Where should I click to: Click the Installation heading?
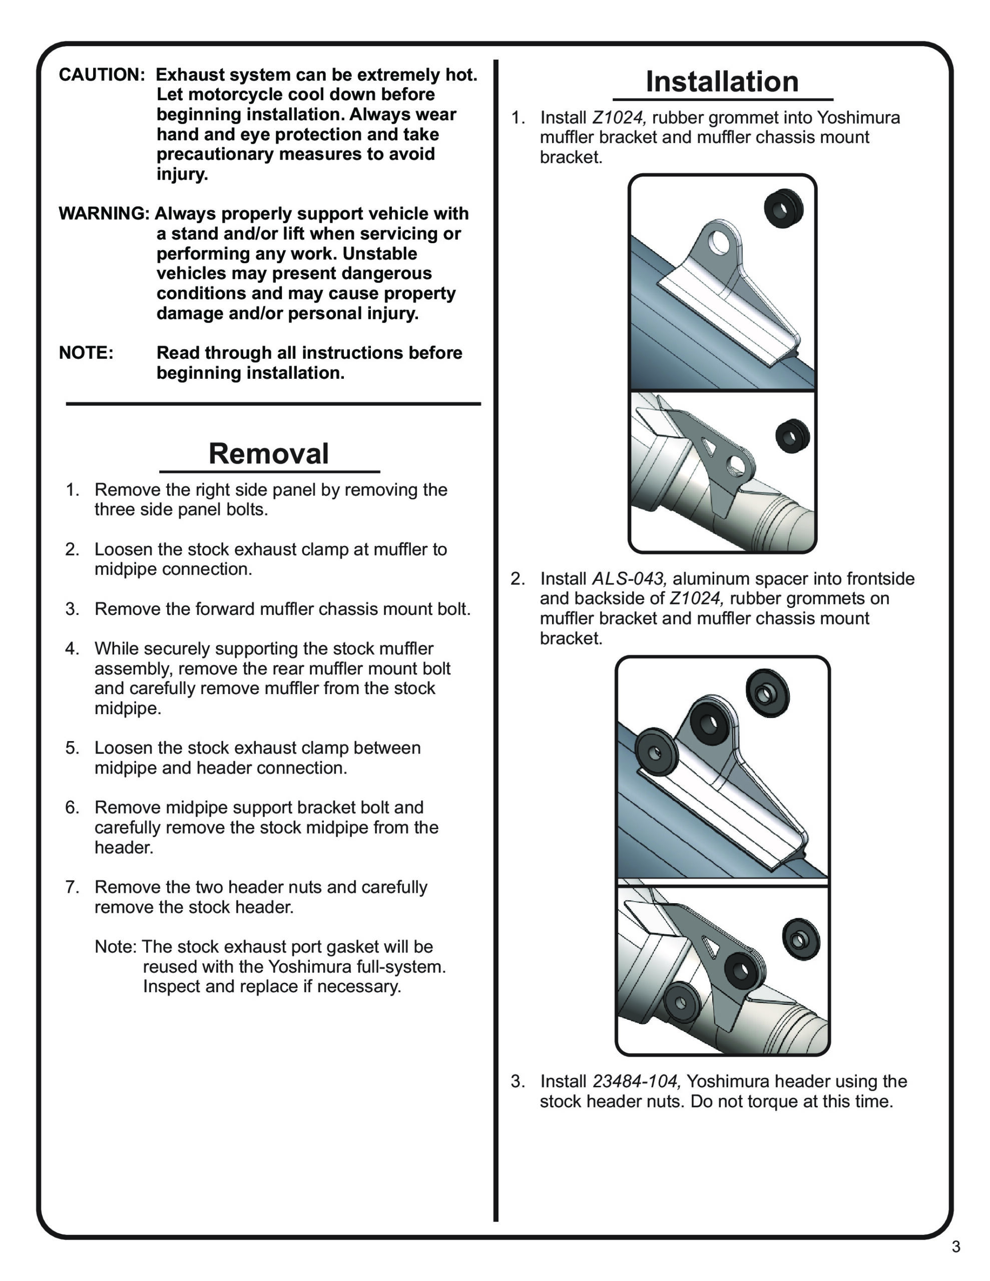point(722,82)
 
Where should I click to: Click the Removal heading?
point(269,453)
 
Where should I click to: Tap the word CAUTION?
point(102,75)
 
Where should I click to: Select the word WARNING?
point(104,214)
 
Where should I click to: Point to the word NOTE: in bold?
point(86,353)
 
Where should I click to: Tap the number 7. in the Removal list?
point(72,887)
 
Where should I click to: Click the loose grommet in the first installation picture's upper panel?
point(783,208)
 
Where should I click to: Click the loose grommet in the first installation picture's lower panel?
point(792,436)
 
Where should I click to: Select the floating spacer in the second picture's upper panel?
point(767,693)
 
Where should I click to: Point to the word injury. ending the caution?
point(182,174)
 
